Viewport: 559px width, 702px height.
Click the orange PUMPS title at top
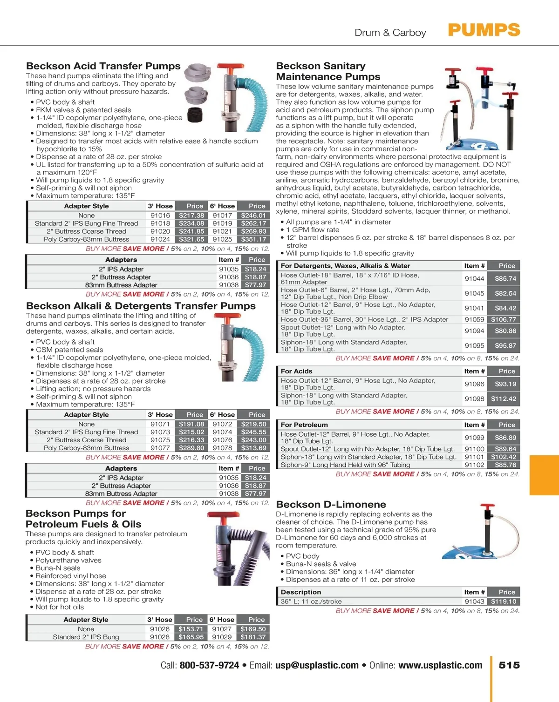pyautogui.click(x=484, y=30)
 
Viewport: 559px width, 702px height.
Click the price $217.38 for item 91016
pyautogui.click(x=191, y=215)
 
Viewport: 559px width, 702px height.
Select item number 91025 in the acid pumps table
pyautogui.click(x=222, y=239)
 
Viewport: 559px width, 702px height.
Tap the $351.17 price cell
pyautogui.click(x=253, y=239)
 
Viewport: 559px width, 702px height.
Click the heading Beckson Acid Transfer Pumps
pyautogui.click(x=103, y=66)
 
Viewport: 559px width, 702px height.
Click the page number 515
pyautogui.click(x=509, y=665)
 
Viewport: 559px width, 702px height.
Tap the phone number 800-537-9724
pyautogui.click(x=209, y=665)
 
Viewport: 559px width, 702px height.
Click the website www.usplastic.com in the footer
pyautogui.click(x=440, y=665)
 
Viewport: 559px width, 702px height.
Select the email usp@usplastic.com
pyautogui.click(x=317, y=665)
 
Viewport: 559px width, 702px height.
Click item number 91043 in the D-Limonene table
pyautogui.click(x=474, y=601)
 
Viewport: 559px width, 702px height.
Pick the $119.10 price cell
pyautogui.click(x=504, y=601)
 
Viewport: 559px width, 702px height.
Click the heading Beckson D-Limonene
pyautogui.click(x=331, y=504)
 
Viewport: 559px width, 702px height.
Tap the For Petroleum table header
pyautogui.click(x=304, y=425)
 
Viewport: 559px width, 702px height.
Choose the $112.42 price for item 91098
pyautogui.click(x=504, y=398)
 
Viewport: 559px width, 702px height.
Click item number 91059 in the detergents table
pyautogui.click(x=474, y=319)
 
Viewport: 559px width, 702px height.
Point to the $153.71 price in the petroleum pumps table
pyautogui.click(x=191, y=629)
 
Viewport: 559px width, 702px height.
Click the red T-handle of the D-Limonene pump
pyautogui.click(x=487, y=506)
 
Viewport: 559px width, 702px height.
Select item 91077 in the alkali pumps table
pyautogui.click(x=160, y=448)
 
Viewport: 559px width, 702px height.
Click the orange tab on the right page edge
pyautogui.click(x=544, y=475)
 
